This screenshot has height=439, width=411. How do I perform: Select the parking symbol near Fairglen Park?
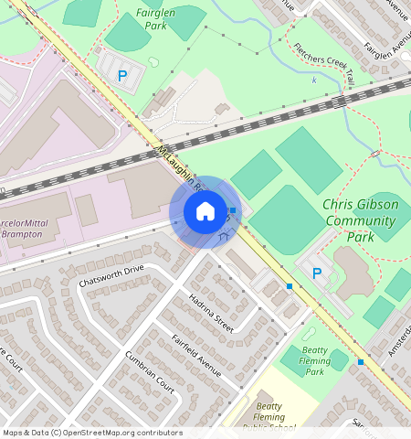pos(121,78)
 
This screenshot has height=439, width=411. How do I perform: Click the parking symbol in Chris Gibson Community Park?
pos(317,273)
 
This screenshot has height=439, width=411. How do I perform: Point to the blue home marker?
pos(205,211)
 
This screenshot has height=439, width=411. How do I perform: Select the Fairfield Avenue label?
pos(196,356)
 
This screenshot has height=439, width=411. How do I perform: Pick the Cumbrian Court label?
pos(150,372)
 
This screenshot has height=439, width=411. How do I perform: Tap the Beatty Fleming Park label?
pos(316,360)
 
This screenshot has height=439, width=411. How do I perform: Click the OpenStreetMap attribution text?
pos(92,433)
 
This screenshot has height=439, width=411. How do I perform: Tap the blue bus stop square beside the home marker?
pos(234,210)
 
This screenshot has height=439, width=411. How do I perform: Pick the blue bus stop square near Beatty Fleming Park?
pos(361,362)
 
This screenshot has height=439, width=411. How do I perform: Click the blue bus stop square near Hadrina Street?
pos(290,286)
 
